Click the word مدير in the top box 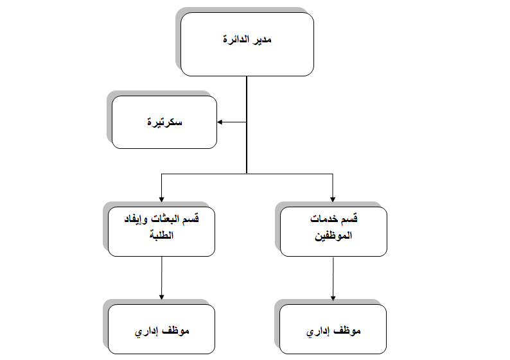coord(262,39)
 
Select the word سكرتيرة coord(164,122)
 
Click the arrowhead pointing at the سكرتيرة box coord(220,122)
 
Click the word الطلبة coord(162,235)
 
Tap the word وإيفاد coord(137,219)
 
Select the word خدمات coord(324,219)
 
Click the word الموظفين coord(333,236)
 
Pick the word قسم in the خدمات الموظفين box coord(349,219)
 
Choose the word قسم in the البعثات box coord(191,219)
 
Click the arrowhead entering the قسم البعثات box coord(162,199)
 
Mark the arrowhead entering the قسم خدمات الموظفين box coord(333,199)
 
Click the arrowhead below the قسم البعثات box coord(162,297)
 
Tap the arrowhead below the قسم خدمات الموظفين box coord(333,298)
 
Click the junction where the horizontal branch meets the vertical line coord(247,174)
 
